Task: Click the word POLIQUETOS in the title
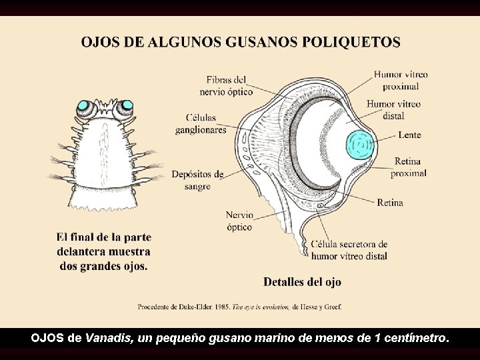(x=351, y=43)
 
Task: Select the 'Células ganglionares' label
(x=201, y=124)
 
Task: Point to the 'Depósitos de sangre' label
(x=197, y=180)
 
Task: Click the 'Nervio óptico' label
(x=239, y=221)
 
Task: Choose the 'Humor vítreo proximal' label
(x=401, y=81)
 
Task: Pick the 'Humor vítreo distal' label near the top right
(x=394, y=109)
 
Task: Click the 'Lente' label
(x=409, y=135)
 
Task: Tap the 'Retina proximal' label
(x=409, y=167)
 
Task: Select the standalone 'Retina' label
(x=390, y=203)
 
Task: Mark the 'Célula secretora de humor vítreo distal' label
(x=349, y=250)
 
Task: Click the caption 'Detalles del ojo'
(x=302, y=282)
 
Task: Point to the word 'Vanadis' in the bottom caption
(x=109, y=338)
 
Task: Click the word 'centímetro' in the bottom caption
(x=415, y=338)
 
